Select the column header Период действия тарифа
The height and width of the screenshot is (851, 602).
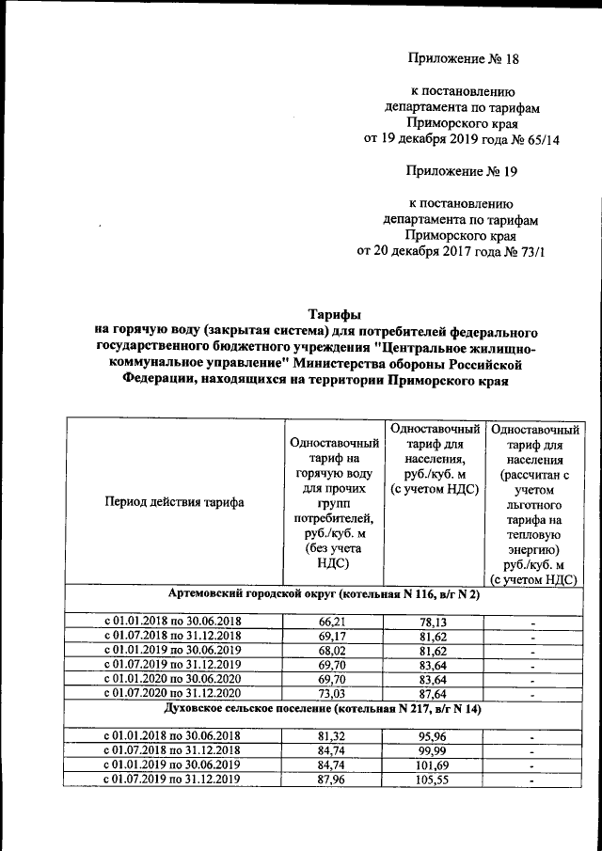tap(174, 502)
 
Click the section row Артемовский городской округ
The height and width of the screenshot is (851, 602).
tap(324, 595)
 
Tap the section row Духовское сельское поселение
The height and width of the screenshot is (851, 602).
tap(324, 708)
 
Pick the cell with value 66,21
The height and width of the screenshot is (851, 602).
tap(334, 622)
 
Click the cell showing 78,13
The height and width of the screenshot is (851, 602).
tap(434, 622)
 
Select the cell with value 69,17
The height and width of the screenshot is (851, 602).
tap(334, 636)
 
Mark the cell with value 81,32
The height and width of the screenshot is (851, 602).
tap(334, 736)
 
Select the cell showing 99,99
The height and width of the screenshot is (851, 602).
tap(434, 750)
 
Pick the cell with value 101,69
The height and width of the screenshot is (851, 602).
tap(434, 764)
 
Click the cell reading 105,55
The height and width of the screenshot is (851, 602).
tap(434, 779)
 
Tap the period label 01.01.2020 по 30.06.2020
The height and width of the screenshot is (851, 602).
tap(174, 678)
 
